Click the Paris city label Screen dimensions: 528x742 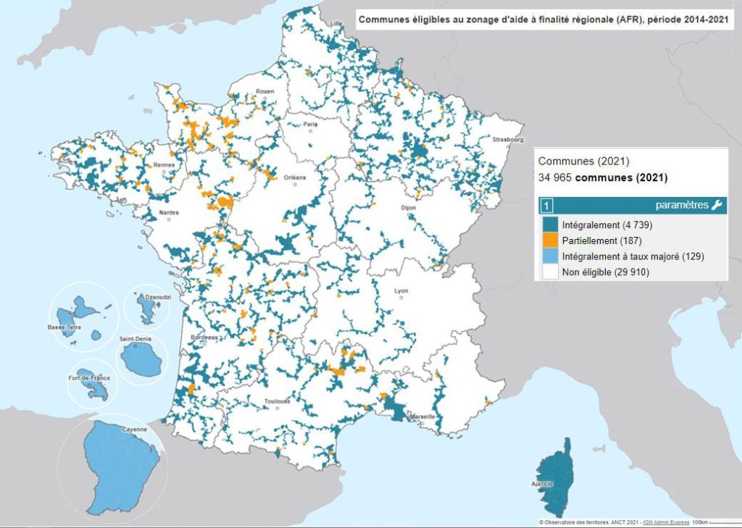point(311,125)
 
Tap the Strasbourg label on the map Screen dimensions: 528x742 point(507,138)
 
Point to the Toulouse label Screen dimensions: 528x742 point(278,401)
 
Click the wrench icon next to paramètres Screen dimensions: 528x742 point(717,206)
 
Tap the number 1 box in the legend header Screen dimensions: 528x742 point(547,206)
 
